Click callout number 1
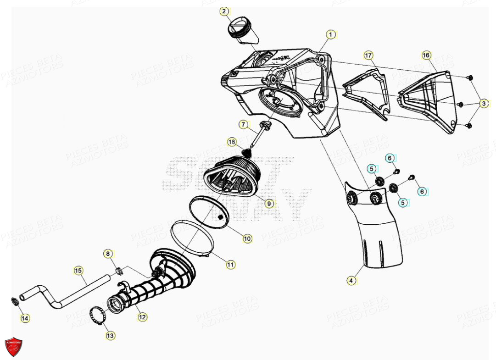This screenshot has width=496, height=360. pos(329,34)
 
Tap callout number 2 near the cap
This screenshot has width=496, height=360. pos(224,11)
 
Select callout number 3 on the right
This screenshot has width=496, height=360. pos(484,104)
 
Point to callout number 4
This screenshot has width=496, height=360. pos(351,281)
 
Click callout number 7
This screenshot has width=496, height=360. pos(243,124)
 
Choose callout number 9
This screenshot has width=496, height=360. pos(269,203)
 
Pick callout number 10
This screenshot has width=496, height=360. pos(247,238)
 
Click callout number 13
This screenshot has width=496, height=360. pos(110,336)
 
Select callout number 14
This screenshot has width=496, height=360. pos(24,317)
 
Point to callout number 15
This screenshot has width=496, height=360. pos(78,271)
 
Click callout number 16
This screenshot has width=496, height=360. pos(426,55)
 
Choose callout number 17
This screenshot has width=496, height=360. pos(368,55)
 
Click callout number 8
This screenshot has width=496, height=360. pos(107,253)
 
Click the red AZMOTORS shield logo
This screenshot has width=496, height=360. pos(13,347)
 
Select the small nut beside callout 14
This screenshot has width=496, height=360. pos(14,301)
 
